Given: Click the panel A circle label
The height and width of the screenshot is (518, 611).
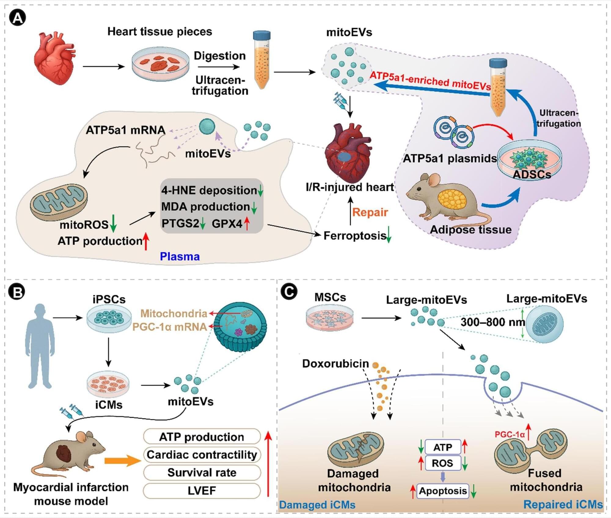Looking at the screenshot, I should (x=17, y=18).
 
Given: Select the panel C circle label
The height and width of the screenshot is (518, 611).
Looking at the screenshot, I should (x=288, y=291).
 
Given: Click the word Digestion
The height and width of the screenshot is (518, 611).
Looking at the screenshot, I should (x=220, y=56).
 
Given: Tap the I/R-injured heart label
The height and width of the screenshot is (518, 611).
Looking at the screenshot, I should (x=350, y=187).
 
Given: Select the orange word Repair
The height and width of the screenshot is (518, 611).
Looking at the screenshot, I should (x=370, y=212).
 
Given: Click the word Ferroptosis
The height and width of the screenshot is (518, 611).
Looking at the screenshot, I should (x=355, y=235).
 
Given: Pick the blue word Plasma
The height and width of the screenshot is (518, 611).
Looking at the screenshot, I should (x=180, y=256).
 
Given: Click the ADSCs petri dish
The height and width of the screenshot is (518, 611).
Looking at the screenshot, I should (x=529, y=157).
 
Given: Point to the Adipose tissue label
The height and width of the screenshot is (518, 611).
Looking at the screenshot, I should (x=470, y=229).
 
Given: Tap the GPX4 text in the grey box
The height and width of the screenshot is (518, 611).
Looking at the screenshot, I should (x=227, y=224).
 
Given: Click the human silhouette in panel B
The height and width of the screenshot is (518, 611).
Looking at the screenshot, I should (x=40, y=346).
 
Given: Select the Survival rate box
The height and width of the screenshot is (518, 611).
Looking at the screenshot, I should (x=202, y=472).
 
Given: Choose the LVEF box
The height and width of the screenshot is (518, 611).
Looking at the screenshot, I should (x=202, y=490).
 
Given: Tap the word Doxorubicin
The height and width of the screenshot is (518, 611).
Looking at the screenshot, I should (x=335, y=364).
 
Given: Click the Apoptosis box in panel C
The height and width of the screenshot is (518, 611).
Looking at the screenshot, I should (x=443, y=490).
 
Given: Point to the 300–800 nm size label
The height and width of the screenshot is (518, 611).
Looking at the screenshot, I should (x=493, y=322).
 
